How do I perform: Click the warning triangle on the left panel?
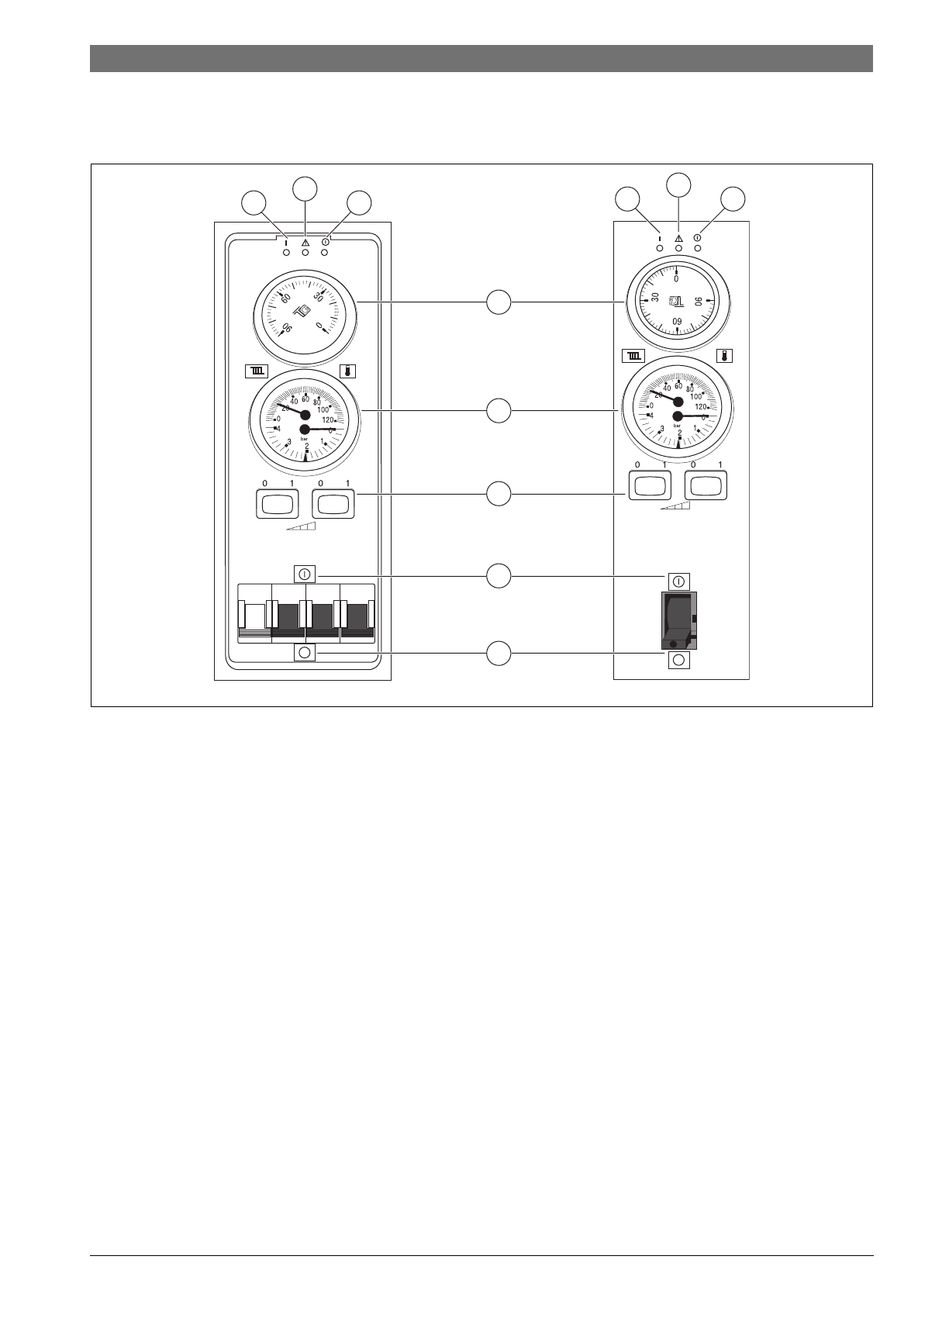point(305,242)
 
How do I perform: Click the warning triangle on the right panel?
point(679,238)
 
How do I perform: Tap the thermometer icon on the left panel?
point(348,371)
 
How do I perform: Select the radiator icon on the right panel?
point(634,356)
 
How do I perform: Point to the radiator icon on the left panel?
point(257,371)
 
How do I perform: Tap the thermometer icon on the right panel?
point(724,356)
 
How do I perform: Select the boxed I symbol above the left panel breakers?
point(305,574)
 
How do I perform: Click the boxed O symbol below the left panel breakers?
point(305,653)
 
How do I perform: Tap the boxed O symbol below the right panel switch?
point(679,660)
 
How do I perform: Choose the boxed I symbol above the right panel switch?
point(679,581)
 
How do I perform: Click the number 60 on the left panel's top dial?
point(285,298)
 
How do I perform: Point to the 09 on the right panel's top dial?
point(677,321)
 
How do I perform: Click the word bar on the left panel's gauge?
point(305,439)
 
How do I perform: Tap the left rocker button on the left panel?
point(276,504)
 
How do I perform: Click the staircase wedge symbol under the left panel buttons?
point(301,526)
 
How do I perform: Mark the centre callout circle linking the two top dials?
point(499,301)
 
